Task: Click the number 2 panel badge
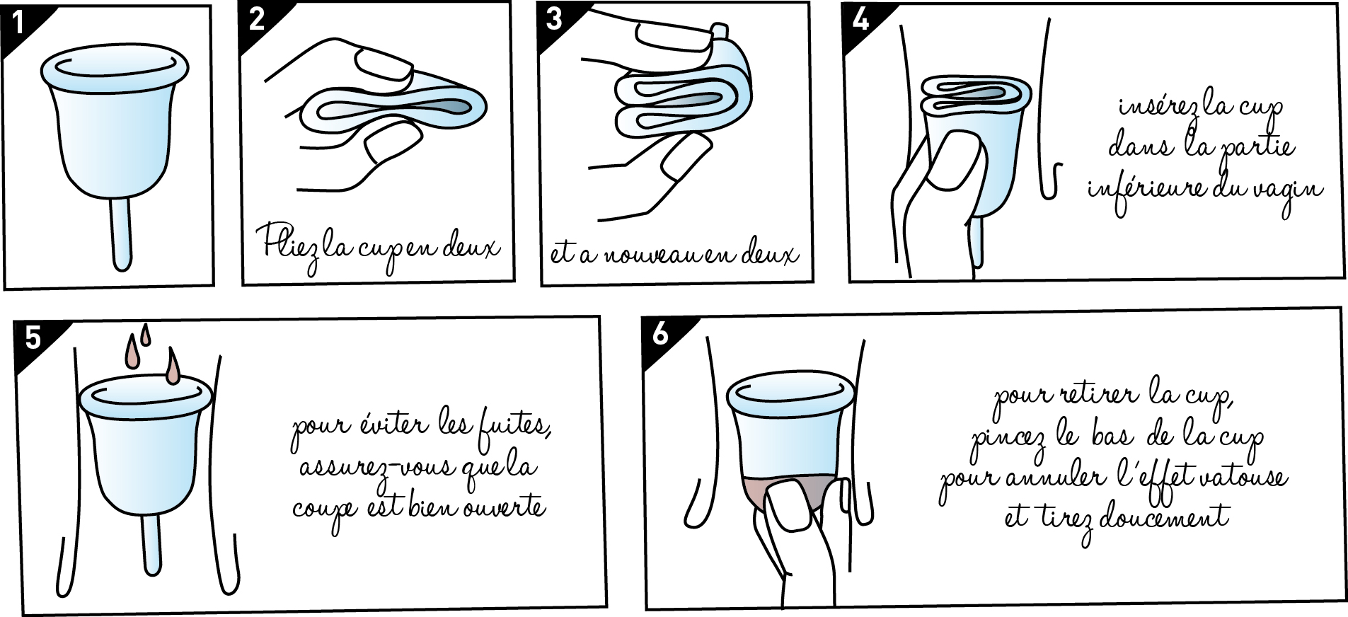click(256, 19)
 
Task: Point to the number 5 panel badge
click(33, 338)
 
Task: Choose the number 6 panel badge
click(659, 333)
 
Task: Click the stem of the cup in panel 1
click(121, 234)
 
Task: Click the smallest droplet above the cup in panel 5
click(146, 334)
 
